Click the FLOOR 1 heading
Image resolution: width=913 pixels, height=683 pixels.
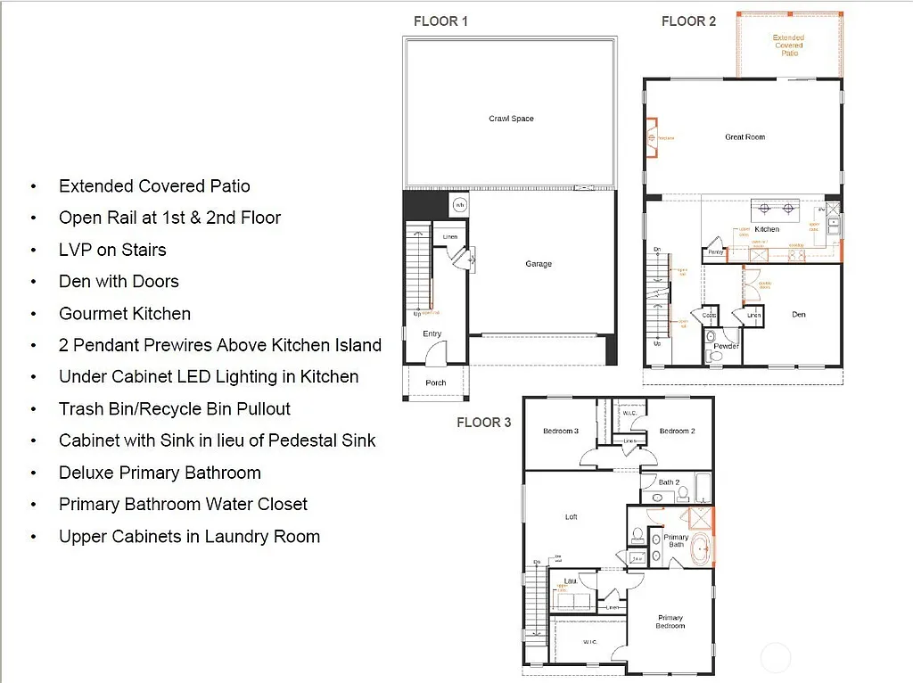coord(440,21)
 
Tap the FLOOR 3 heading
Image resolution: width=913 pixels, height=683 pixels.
coord(483,422)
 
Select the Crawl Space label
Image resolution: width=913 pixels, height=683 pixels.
coord(511,119)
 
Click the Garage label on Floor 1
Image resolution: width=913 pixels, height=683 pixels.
coord(539,264)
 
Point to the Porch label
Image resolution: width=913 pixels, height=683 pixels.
coord(435,383)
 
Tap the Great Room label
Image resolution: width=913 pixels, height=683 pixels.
coord(744,137)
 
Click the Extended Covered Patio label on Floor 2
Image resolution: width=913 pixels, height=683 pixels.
coord(788,45)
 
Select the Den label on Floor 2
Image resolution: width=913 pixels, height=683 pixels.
coord(799,315)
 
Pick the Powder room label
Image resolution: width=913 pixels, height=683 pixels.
coord(726,346)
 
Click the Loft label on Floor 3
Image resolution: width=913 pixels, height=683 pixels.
coord(572,516)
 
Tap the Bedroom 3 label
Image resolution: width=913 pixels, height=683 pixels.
coord(561,432)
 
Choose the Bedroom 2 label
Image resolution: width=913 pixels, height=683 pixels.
coord(676,432)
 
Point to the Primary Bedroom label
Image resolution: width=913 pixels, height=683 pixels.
coord(670,621)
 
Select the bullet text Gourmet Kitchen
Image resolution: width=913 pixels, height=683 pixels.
coord(125,314)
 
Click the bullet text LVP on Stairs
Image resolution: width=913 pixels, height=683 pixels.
coord(112,250)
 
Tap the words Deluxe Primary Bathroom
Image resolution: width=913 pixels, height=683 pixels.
coord(160,473)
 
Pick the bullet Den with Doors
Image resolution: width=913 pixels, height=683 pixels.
coord(119,282)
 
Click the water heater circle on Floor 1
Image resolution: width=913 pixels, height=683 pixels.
coord(460,205)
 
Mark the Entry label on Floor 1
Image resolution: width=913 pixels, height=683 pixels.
coord(432,334)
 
